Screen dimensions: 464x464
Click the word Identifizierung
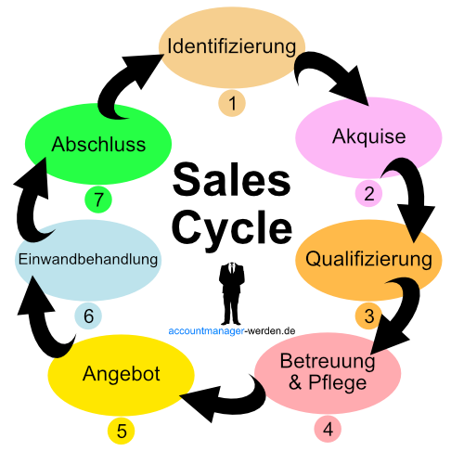(232, 45)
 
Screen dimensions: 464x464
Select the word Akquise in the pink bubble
(368, 136)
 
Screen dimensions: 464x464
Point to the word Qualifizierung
(368, 258)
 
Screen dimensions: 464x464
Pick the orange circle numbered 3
(368, 316)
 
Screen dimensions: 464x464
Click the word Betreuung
(328, 361)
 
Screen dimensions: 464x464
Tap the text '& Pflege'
(328, 381)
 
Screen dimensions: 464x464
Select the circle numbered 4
(328, 430)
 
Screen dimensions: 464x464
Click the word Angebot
(122, 374)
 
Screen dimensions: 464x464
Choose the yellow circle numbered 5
(122, 431)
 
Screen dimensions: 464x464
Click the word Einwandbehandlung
(88, 259)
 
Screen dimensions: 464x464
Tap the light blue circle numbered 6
(88, 316)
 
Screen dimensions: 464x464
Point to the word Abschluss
(98, 146)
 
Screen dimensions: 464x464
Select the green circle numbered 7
(98, 199)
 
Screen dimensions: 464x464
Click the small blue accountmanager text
(206, 330)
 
